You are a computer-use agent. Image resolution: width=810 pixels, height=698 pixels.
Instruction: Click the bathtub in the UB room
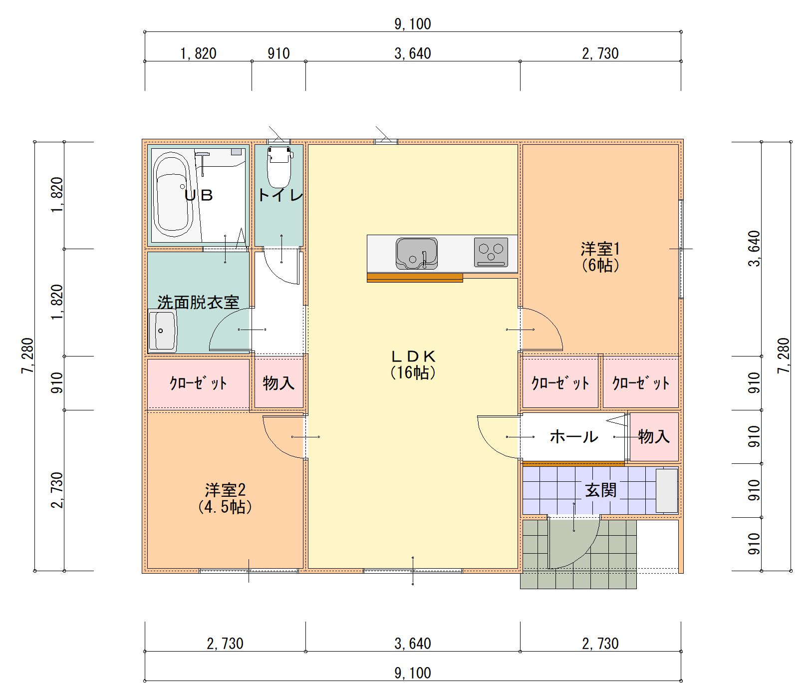point(173,195)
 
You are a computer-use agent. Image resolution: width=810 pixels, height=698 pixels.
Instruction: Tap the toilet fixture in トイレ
point(279,167)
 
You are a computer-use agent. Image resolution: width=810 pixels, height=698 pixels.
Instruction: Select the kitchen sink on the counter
point(417,253)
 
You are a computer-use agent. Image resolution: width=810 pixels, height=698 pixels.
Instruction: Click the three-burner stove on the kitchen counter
point(491,252)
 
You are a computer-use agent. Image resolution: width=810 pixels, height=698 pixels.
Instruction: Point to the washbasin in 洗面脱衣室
point(162,331)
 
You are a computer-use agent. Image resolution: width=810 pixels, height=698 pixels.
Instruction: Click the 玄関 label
point(601,490)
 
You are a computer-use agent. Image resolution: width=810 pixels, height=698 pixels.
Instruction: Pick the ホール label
point(574,437)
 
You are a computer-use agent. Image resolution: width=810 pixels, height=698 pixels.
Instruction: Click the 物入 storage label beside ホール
point(654,437)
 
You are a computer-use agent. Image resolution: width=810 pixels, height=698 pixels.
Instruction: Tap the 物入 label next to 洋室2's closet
point(278,383)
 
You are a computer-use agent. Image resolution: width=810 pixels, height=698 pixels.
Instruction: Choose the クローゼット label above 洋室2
point(198,383)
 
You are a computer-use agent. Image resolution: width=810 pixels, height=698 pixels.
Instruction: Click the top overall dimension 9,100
point(413,23)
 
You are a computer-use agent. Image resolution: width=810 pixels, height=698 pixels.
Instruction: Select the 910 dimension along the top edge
point(278,53)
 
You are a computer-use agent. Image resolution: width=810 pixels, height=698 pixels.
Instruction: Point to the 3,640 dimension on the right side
point(754,249)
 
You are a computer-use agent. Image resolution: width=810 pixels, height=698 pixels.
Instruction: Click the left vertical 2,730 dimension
point(57,490)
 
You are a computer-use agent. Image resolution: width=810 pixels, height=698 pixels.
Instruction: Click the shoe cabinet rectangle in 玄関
point(667,490)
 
